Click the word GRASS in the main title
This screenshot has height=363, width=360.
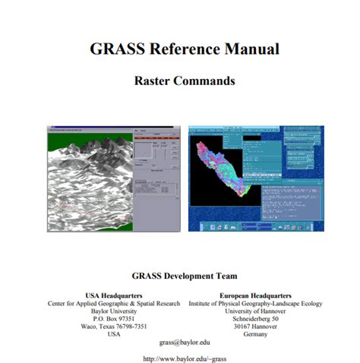(114, 49)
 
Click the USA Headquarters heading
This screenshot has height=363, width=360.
(114, 294)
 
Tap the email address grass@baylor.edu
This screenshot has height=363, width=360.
(184, 343)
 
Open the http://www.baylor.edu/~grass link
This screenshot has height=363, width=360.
(185, 358)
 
